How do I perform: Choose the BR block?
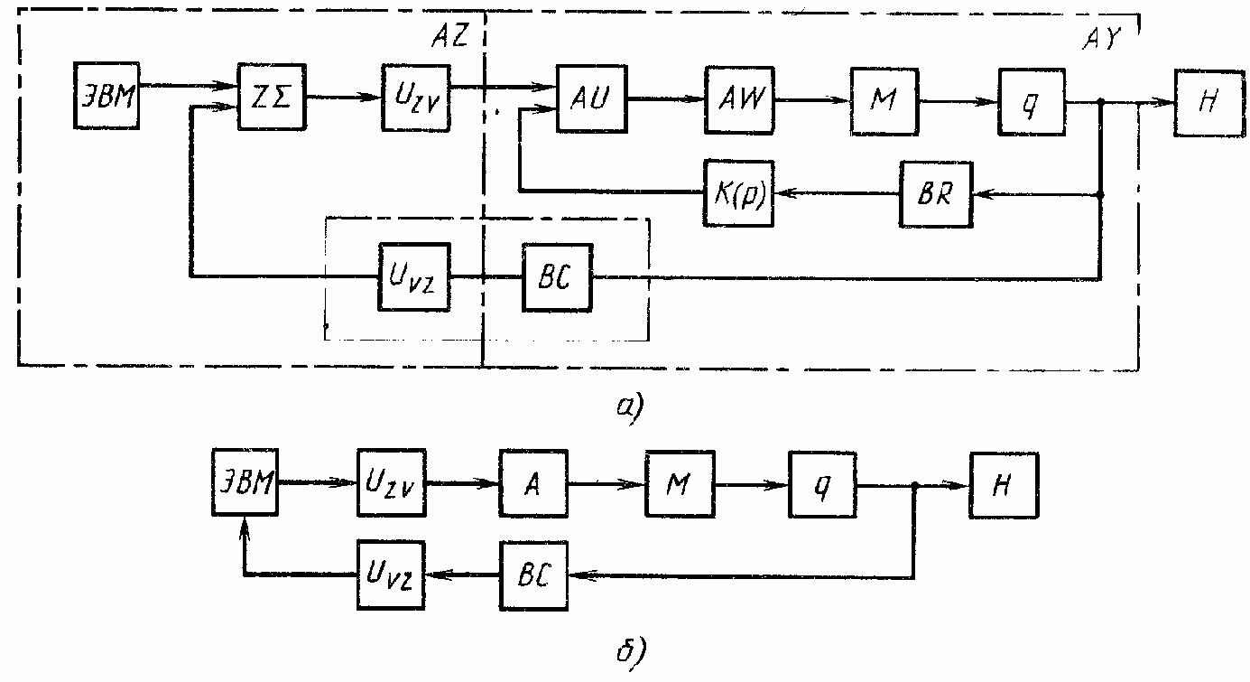[x=935, y=194]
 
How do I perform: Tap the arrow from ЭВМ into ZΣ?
[x=190, y=86]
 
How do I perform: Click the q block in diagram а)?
[x=1032, y=101]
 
